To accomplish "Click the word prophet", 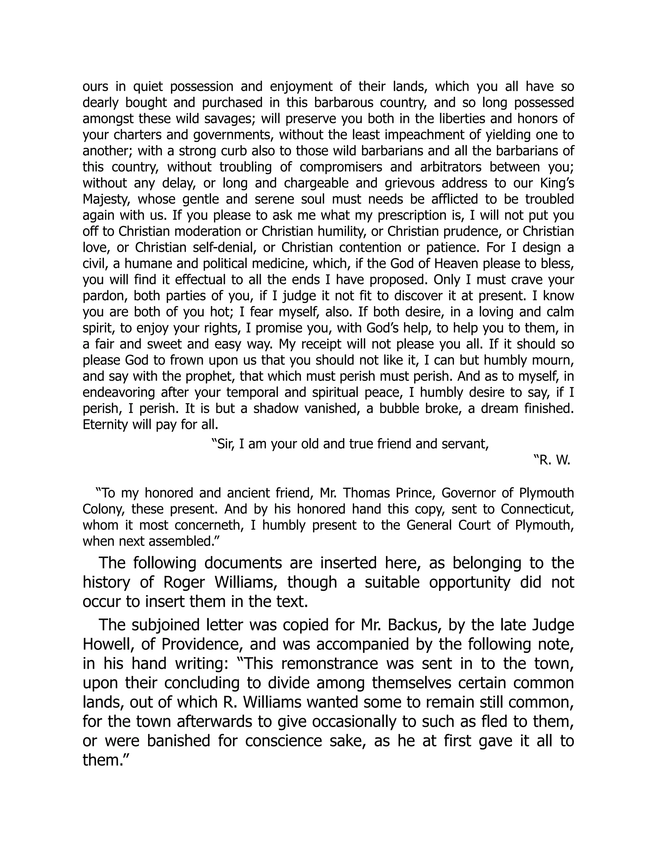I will (212, 376).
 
